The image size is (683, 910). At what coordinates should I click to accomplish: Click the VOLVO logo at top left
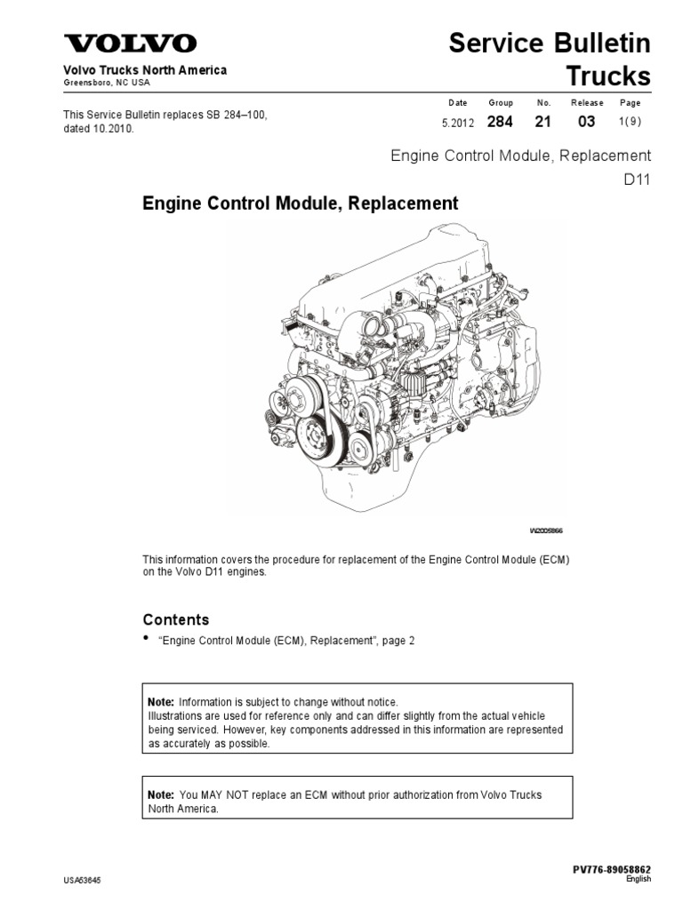coord(129,44)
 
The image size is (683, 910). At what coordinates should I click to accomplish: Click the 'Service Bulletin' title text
coord(550,43)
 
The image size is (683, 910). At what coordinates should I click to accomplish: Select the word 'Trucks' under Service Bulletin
coord(608,76)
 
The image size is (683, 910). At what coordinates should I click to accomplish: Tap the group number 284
coord(500,122)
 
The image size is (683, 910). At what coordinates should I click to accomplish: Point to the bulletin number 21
coord(543,122)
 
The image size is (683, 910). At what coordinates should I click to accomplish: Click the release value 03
coord(586,122)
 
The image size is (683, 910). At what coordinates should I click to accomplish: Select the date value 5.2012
coord(459,123)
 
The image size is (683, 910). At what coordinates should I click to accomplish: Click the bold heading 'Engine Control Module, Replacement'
coord(301,204)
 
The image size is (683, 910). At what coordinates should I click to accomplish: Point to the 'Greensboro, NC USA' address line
coord(106,83)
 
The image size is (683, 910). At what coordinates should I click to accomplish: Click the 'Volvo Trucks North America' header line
coord(144,70)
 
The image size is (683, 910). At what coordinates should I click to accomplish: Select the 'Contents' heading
coord(176,619)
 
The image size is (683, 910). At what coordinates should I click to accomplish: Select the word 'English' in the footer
coord(638,879)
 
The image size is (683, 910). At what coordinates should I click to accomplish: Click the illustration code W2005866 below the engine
coord(546,531)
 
